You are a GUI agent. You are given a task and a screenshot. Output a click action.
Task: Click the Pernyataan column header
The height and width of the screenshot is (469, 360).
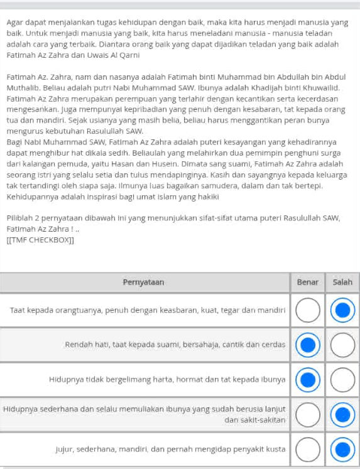tap(145, 283)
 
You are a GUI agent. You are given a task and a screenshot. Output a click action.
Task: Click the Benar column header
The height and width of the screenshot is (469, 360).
tap(307, 283)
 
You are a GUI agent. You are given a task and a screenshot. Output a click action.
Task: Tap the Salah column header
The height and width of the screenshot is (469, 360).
tap(342, 283)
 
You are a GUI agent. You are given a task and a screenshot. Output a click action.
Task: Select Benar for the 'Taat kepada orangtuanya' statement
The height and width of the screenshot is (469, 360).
tap(307, 310)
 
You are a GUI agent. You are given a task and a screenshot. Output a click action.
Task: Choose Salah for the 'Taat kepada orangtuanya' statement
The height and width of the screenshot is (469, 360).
tap(342, 310)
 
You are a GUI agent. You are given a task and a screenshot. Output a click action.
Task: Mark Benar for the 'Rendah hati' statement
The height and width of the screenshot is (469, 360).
tap(307, 345)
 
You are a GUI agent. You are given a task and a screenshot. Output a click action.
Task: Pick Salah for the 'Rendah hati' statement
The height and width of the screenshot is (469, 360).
tap(342, 345)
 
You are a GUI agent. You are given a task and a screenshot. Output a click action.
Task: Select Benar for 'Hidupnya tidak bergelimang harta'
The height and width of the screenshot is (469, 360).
tap(307, 379)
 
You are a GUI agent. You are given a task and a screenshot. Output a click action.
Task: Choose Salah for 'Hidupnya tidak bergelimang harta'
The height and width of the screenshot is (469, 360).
tap(342, 379)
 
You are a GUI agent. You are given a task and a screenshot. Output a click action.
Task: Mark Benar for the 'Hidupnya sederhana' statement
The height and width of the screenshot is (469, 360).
tap(307, 414)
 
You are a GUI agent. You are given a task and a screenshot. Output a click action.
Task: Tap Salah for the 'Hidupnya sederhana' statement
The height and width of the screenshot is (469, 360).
tap(342, 414)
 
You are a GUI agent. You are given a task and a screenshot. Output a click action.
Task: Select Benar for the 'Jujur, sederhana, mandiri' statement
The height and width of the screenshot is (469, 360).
tap(307, 449)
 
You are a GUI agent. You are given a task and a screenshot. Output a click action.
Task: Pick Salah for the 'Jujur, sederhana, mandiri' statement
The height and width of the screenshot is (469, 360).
tap(342, 449)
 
